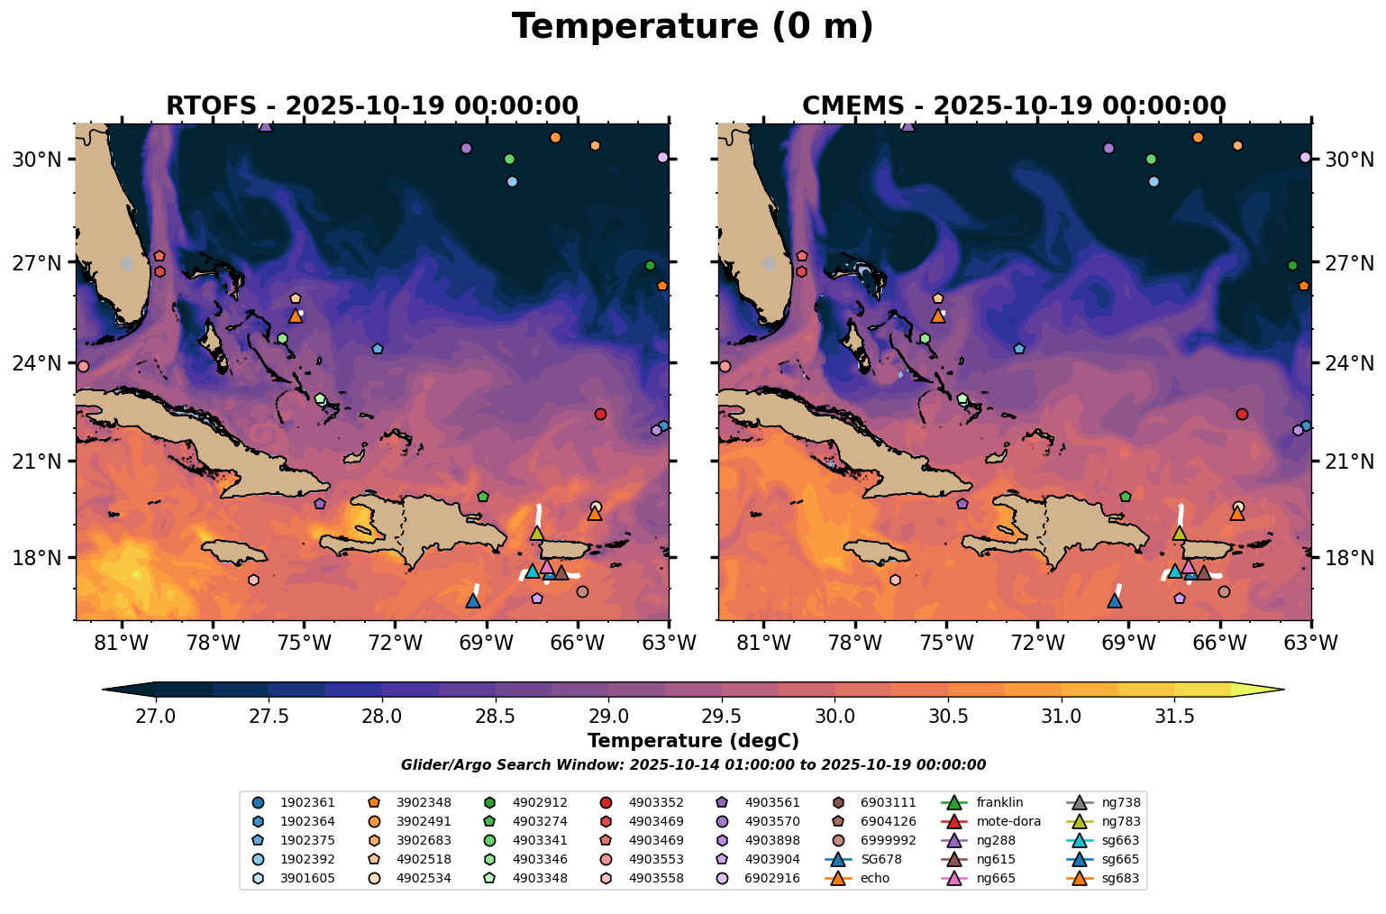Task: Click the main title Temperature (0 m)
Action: [692, 27]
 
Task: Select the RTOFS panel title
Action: [371, 105]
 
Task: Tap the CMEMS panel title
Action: [1014, 105]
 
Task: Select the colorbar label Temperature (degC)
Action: [692, 741]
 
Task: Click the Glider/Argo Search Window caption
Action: [692, 765]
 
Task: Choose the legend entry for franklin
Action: [995, 802]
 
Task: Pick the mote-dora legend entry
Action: [1008, 821]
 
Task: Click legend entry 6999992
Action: [888, 840]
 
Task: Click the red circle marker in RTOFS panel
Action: [600, 414]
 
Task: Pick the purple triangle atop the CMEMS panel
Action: [907, 125]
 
